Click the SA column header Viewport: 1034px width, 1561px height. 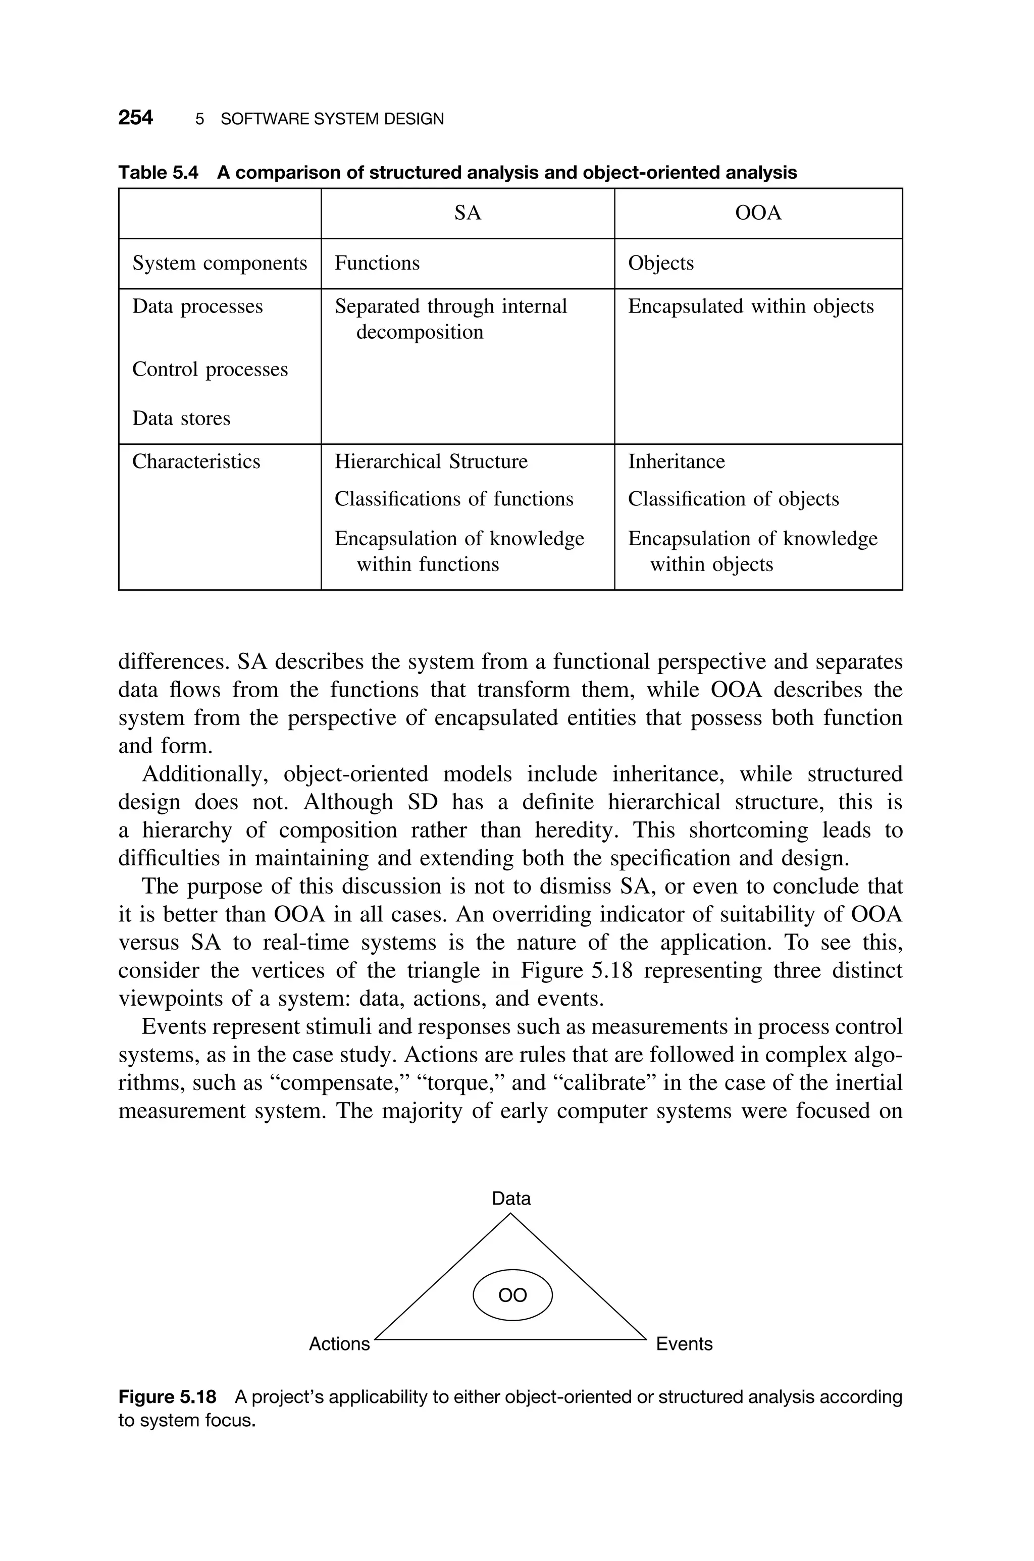tap(468, 213)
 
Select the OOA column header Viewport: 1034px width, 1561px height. tap(758, 213)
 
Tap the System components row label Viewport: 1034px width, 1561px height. tap(220, 263)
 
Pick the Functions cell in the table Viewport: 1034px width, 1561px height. tap(377, 263)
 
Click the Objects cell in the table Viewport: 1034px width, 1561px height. tap(661, 263)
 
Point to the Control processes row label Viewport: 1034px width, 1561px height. tap(210, 369)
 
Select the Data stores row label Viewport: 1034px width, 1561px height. tap(181, 418)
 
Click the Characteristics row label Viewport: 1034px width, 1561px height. tap(196, 461)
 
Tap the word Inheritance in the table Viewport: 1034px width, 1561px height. tap(676, 461)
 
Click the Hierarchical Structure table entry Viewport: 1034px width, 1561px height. tap(431, 461)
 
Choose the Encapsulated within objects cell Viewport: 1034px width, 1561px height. tap(750, 306)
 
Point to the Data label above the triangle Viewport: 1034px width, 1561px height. tap(511, 1198)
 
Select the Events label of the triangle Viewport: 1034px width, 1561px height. tap(684, 1343)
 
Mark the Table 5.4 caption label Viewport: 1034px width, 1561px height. tap(158, 173)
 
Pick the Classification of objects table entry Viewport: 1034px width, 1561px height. tap(733, 499)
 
